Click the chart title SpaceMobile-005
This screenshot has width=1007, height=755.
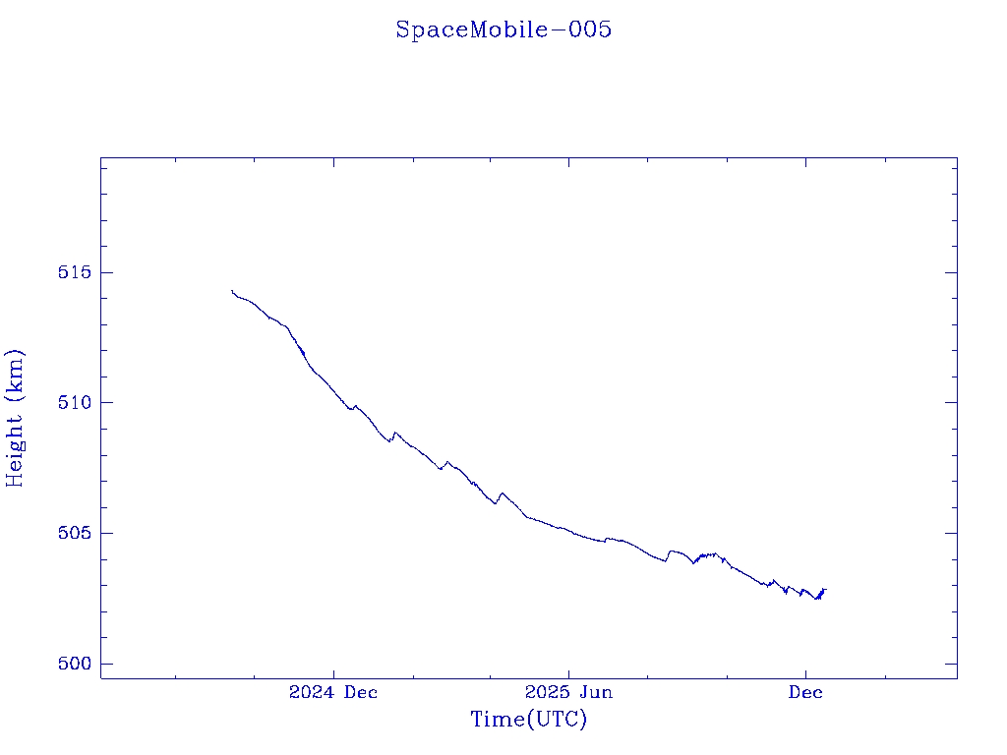(503, 29)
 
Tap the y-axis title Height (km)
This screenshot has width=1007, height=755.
(15, 417)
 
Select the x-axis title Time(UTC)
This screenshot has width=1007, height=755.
(528, 720)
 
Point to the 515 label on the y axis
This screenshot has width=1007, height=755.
(75, 272)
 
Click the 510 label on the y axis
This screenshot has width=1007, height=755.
(75, 403)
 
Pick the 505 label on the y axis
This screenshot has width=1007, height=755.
(75, 534)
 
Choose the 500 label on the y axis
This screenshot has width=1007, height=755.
(75, 665)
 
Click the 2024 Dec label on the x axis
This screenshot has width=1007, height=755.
(333, 692)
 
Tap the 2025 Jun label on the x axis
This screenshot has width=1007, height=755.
(568, 692)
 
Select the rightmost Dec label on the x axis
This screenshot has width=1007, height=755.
(805, 692)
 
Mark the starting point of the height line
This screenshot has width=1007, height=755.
(232, 291)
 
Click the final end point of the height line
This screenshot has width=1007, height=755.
(826, 589)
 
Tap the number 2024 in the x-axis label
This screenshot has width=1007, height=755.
(312, 692)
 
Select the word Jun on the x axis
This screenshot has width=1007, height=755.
(595, 692)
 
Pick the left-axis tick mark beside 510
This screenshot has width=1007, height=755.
(105, 402)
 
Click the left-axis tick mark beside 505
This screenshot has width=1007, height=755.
(105, 533)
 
